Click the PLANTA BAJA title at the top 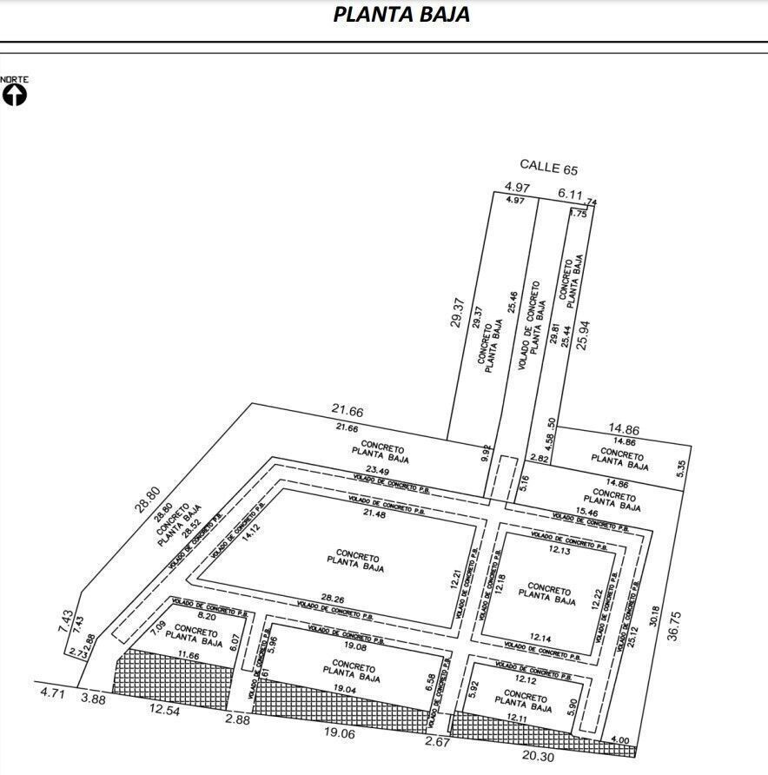coord(401,15)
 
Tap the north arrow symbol coord(15,94)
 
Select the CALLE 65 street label coord(548,166)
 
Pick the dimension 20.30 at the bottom coord(538,756)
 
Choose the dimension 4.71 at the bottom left coord(54,693)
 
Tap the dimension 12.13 coord(560,550)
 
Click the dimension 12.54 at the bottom coord(165,712)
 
